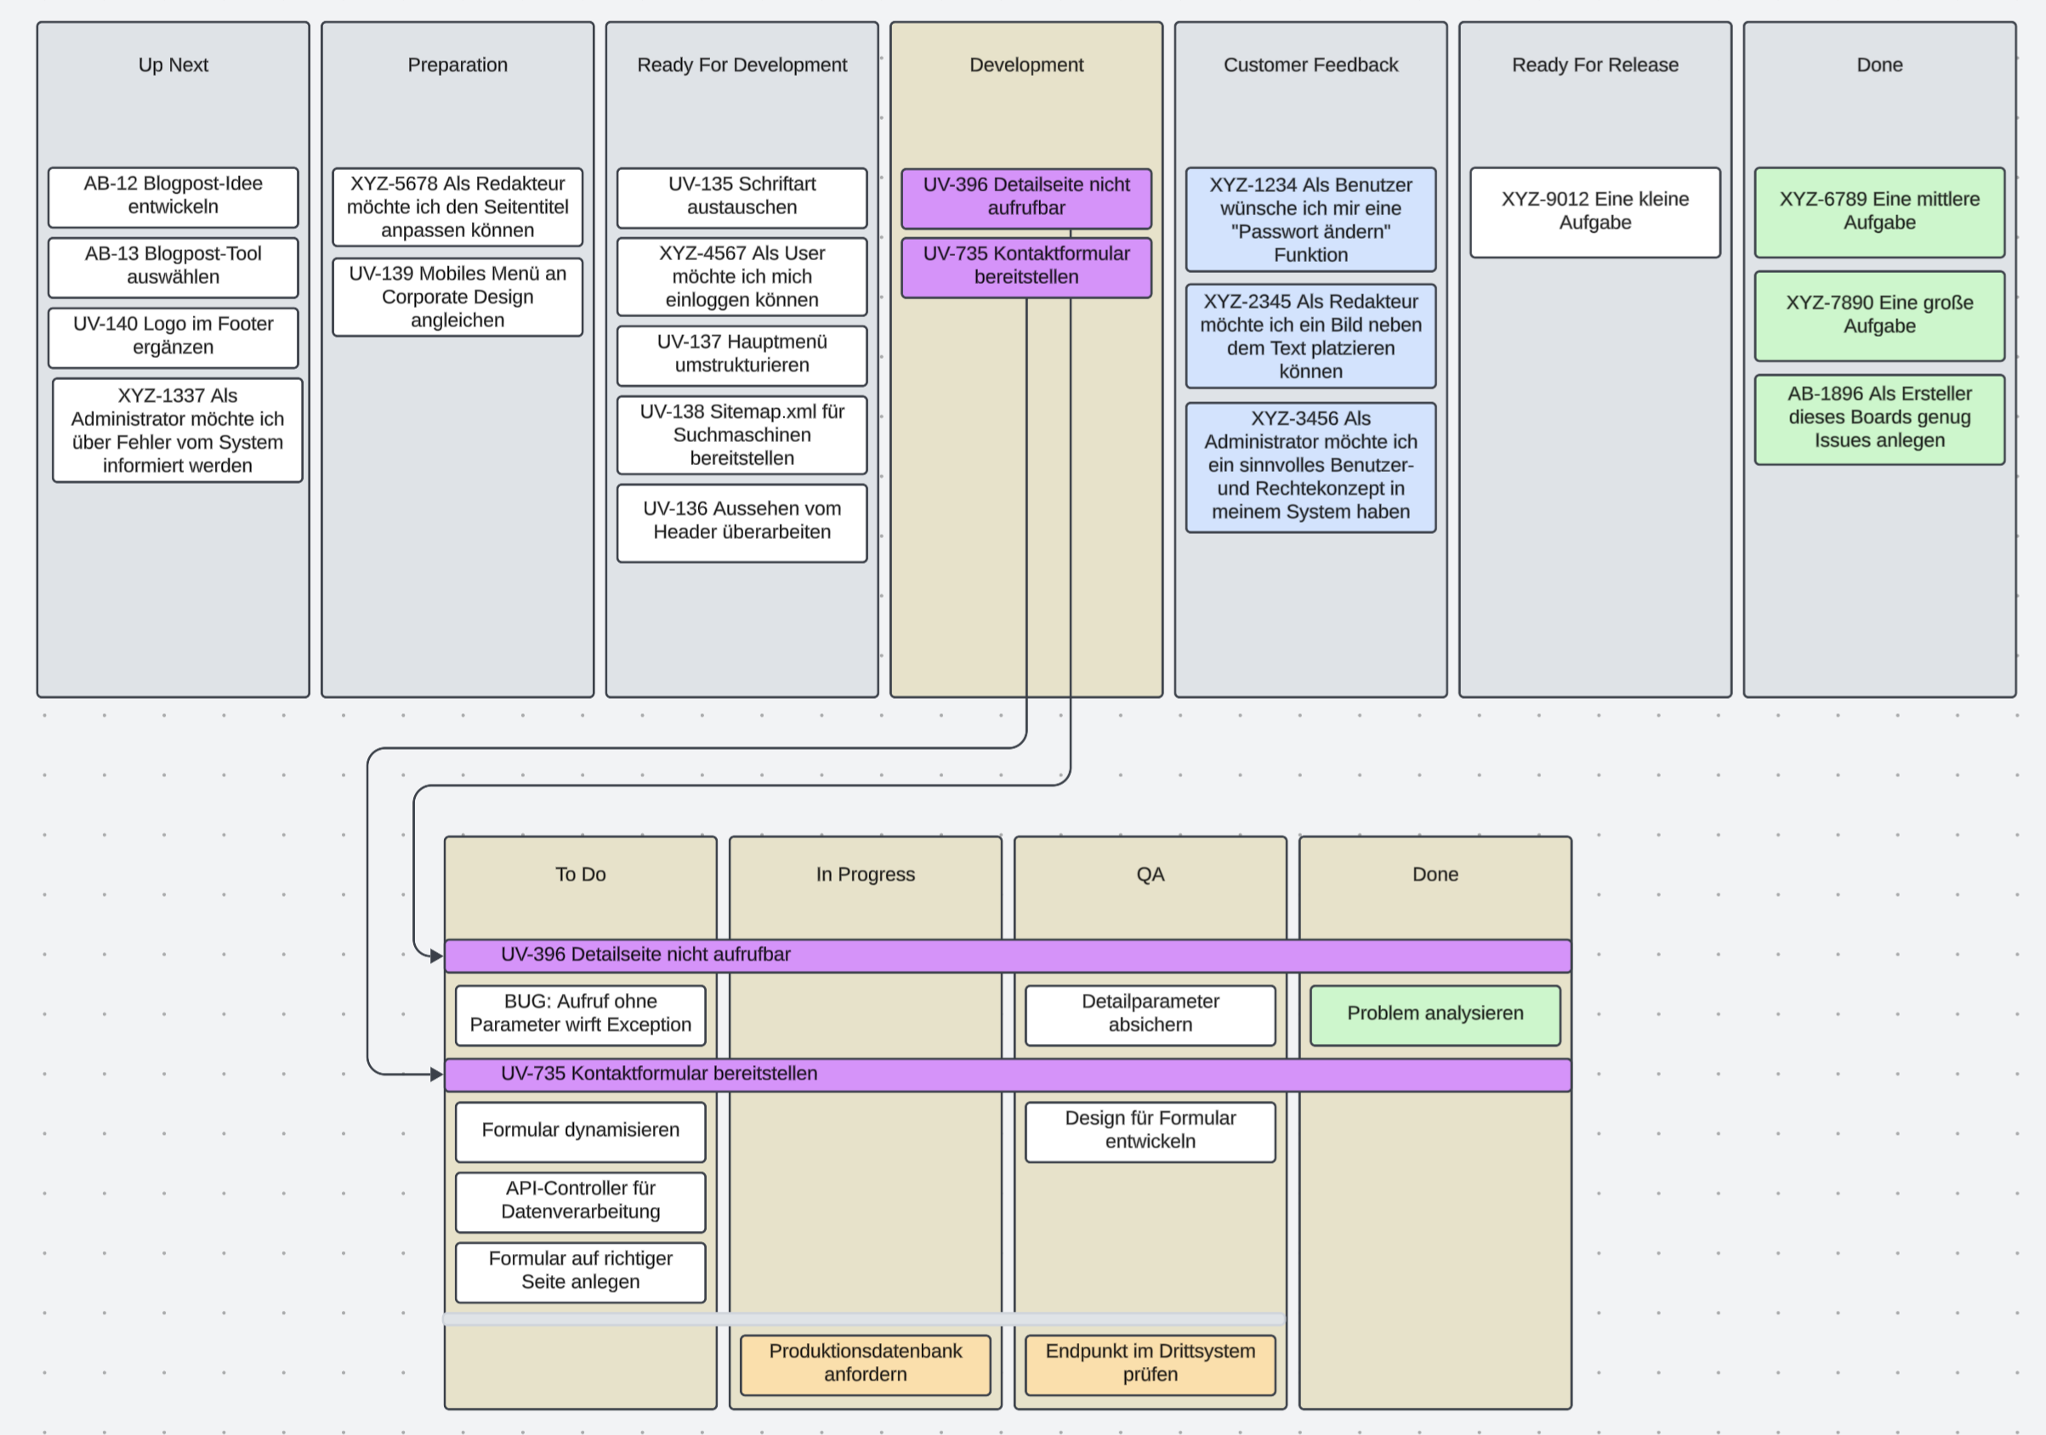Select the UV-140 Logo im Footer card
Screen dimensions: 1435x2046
click(x=173, y=337)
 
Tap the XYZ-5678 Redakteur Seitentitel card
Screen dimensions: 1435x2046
click(x=458, y=207)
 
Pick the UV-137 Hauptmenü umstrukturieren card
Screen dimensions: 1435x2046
click(x=742, y=354)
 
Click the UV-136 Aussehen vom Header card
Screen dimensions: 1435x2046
click(x=742, y=522)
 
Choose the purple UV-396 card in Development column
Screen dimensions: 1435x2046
click(x=1026, y=197)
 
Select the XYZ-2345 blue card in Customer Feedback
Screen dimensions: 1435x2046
click(x=1310, y=336)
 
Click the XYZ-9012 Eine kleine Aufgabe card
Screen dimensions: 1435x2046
click(x=1594, y=212)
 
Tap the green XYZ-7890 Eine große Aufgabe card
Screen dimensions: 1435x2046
click(x=1878, y=315)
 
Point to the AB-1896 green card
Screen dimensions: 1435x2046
click(x=1878, y=418)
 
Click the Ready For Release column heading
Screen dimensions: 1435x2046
click(x=1594, y=65)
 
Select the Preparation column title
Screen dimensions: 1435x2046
click(x=458, y=65)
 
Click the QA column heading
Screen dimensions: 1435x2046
click(x=1150, y=874)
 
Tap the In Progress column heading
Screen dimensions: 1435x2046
click(x=864, y=874)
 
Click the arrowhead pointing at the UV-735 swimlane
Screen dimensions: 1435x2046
click(x=436, y=1075)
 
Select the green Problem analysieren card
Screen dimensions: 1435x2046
click(x=1435, y=1013)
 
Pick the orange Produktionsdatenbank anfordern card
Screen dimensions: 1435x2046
click(x=864, y=1364)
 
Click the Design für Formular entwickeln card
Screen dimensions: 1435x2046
click(x=1150, y=1132)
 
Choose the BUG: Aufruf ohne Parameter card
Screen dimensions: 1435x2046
click(x=580, y=1014)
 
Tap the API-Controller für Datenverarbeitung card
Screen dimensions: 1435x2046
click(x=580, y=1200)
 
